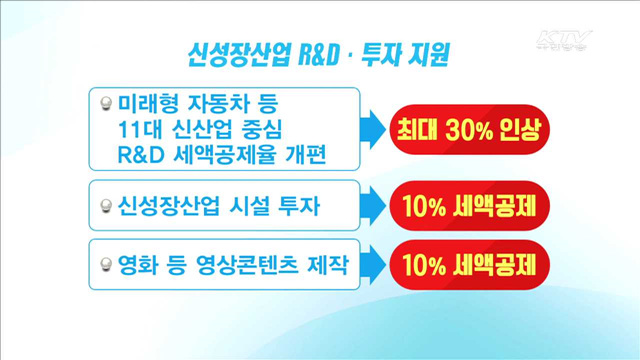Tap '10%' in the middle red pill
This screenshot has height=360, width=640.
click(426, 207)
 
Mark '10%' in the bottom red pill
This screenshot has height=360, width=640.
click(426, 264)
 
